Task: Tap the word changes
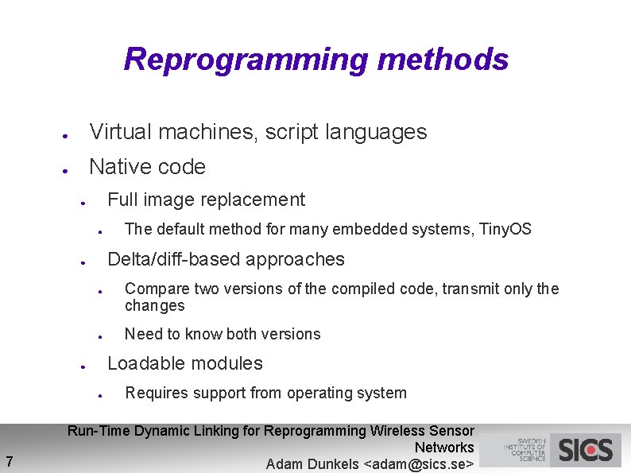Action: coord(154,306)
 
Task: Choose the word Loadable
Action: coord(141,363)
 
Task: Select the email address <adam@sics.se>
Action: coord(418,464)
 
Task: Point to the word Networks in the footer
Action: coord(444,448)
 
